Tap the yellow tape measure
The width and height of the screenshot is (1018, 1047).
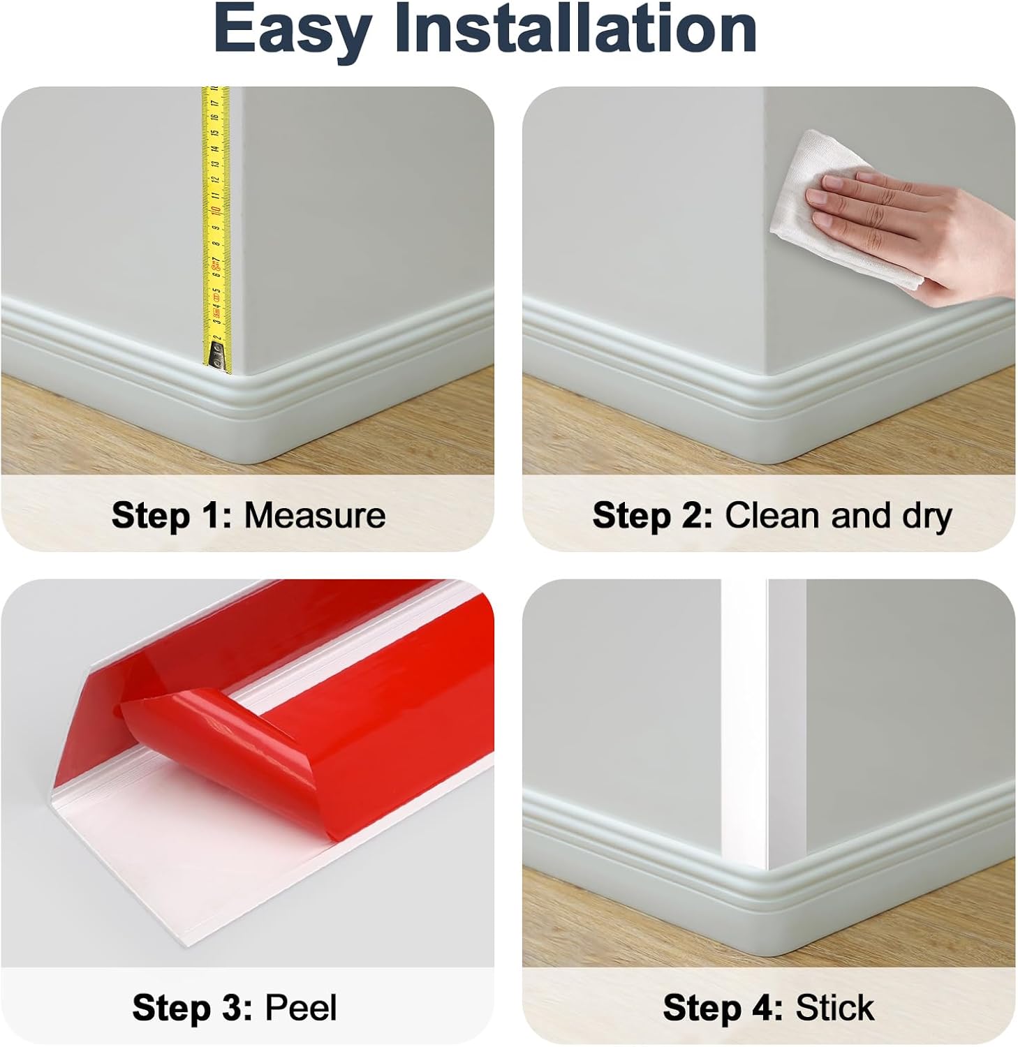pos(216,209)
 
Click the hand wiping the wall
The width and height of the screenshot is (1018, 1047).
pos(908,230)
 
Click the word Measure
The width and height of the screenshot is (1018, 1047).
pos(314,516)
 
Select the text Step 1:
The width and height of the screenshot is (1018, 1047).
pos(171,516)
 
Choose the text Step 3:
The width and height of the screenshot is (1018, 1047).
pos(192,1008)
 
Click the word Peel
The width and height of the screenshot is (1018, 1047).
pos(301,1008)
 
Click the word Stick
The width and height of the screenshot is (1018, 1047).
pos(834,1008)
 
